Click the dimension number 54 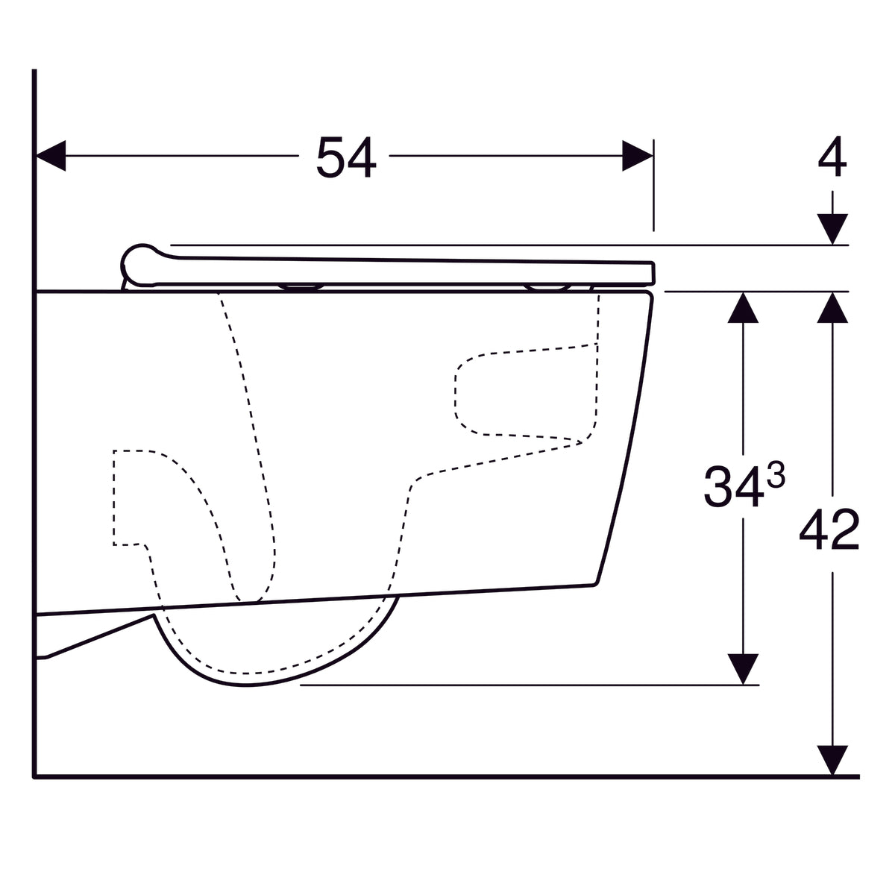pos(345,157)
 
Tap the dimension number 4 pos(832,159)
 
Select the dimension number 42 pos(829,530)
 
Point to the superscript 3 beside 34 pos(775,475)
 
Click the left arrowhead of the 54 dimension pos(51,155)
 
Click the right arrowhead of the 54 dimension pos(638,155)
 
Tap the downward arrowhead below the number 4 pos(832,228)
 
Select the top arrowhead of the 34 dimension pos(742,307)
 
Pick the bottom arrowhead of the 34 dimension pos(742,668)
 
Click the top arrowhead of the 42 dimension pos(832,307)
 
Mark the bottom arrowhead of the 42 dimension pos(832,761)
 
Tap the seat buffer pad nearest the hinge pos(301,286)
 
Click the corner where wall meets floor pos(34,776)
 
